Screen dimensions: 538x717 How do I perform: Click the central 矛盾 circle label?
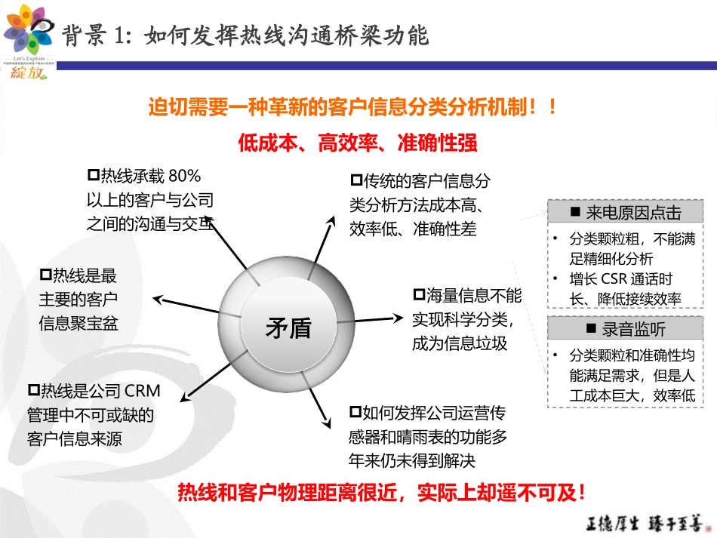tap(288, 328)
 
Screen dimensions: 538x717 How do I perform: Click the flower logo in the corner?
tap(28, 29)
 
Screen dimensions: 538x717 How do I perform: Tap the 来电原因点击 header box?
tap(625, 213)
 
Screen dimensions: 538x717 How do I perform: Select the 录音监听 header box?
tap(625, 329)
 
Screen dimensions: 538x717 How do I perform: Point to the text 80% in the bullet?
tap(184, 177)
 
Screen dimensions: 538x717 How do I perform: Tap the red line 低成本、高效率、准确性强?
tap(358, 142)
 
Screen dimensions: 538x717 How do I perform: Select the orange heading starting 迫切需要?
tap(352, 108)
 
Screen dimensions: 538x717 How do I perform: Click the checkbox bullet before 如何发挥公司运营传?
tap(355, 413)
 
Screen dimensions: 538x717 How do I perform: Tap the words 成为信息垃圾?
tap(460, 343)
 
